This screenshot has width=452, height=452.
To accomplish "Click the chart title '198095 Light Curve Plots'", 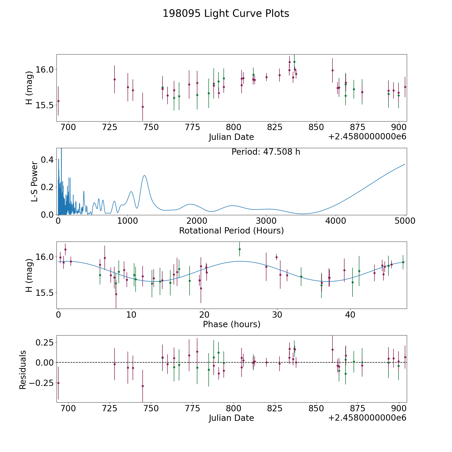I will tap(226, 14).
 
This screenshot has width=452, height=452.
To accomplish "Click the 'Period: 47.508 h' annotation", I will tap(266, 152).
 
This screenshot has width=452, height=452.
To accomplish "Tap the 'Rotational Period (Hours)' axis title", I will tap(231, 231).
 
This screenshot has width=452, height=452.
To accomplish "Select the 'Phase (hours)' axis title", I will tap(232, 324).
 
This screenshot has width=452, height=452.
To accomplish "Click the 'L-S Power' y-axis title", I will tap(34, 181).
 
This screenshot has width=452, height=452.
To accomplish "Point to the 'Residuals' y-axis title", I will tap(23, 370).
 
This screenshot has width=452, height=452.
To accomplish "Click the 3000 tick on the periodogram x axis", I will tap(266, 221).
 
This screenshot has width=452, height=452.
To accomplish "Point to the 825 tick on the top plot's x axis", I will tap(275, 127).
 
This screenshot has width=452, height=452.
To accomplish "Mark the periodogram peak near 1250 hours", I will tap(144, 176).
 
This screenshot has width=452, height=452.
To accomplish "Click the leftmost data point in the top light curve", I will tap(58, 101).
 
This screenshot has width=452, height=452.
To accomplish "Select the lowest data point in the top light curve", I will tap(143, 107).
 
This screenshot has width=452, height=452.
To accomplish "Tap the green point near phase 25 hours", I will tap(240, 249).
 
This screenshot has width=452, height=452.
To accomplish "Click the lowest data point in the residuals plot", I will tap(143, 386).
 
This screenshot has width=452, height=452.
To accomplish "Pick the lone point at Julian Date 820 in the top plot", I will tap(266, 77).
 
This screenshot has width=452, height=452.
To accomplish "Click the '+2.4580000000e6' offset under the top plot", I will tap(367, 137).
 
